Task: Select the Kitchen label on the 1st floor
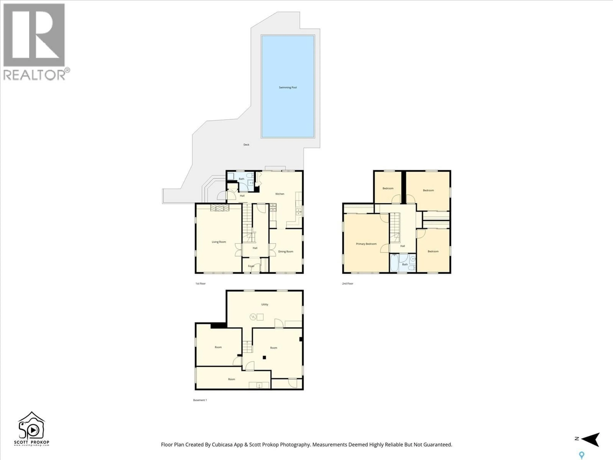280,194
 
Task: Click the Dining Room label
285,252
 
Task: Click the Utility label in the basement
265,304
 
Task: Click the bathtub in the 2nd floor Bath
394,263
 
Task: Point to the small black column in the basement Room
264,358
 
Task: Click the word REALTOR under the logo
34,75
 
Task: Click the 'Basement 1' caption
200,400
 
